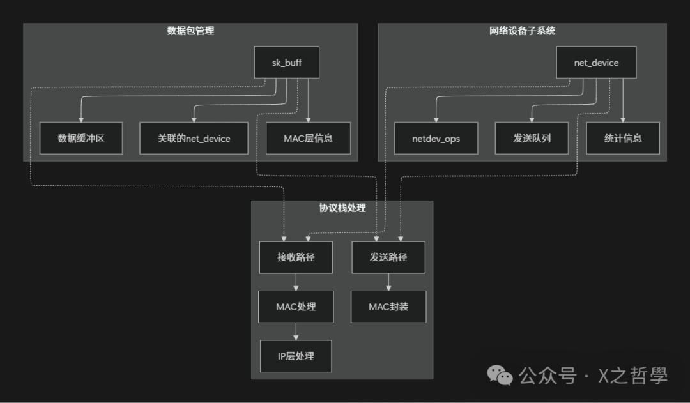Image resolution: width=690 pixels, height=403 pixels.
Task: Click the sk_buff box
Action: coord(286,63)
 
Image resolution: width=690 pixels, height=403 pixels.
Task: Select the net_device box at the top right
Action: coord(596,63)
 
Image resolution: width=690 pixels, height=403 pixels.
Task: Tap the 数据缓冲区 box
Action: coord(81,138)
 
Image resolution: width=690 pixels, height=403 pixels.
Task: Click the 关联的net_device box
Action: coord(194,138)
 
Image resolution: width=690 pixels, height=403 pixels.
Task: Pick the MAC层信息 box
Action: coord(308,138)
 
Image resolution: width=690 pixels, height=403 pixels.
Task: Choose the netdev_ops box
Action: coord(436,138)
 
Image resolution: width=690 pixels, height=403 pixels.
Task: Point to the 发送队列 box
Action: coord(532,138)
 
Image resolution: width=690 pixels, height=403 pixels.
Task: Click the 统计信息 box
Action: coord(623,138)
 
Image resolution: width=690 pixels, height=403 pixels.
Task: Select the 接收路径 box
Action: coord(296,257)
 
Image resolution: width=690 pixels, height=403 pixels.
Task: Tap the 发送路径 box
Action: coord(388,257)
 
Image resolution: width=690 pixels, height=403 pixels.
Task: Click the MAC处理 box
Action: coord(296,307)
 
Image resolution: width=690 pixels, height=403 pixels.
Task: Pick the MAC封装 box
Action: coord(388,307)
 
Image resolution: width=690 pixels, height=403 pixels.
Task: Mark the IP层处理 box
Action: coord(296,356)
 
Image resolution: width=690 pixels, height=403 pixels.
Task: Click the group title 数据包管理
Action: coord(190,31)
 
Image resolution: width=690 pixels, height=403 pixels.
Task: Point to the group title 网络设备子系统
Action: coord(522,31)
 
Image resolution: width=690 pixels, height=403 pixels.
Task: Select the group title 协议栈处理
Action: coord(342,208)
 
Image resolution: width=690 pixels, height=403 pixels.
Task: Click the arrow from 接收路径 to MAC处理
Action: coord(296,282)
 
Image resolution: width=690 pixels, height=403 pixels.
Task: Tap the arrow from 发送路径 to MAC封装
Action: coord(388,282)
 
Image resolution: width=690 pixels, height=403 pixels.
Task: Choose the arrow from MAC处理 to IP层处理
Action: coord(296,331)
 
